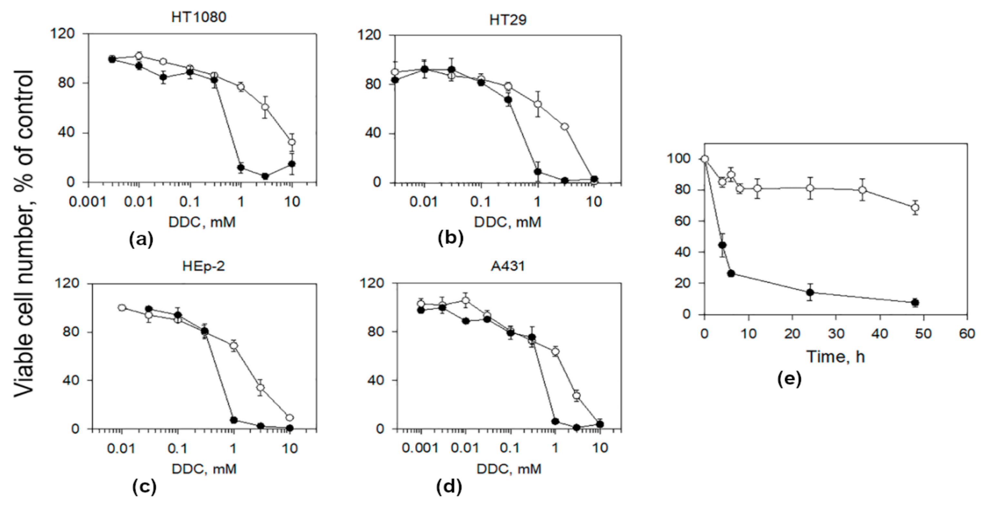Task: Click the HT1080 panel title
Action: (x=198, y=17)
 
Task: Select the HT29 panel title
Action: (x=508, y=20)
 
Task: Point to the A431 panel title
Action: (x=508, y=266)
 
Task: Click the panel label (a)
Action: (x=141, y=239)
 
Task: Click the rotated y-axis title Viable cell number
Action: (x=24, y=233)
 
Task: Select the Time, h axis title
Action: (x=836, y=357)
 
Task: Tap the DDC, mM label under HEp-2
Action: (x=204, y=469)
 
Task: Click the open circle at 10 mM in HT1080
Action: (x=292, y=142)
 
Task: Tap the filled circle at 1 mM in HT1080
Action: (x=241, y=167)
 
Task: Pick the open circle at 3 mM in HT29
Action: (x=564, y=126)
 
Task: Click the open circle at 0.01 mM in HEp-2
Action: (x=122, y=308)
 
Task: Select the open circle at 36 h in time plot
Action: (x=862, y=190)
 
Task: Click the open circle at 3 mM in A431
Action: (x=577, y=395)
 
